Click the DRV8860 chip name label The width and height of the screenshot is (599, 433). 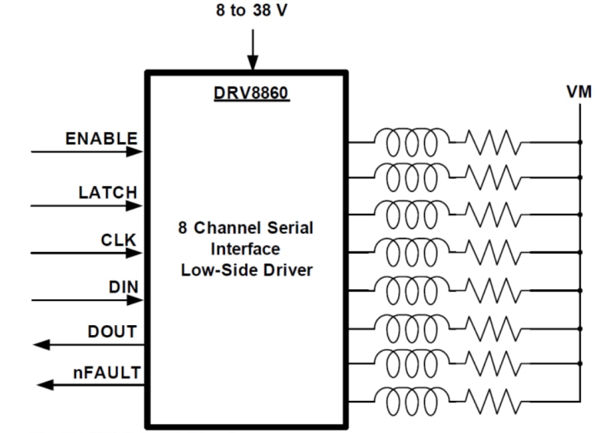coord(251,93)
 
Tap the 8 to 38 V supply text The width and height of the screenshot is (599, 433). coord(252,12)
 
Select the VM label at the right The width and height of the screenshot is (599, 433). coord(579,92)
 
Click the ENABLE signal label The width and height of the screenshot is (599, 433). coord(101,139)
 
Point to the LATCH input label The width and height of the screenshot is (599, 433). coord(108,193)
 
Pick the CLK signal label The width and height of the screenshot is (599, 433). coord(119,240)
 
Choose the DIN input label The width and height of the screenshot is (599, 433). coord(123,287)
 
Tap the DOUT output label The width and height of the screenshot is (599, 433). coord(112,331)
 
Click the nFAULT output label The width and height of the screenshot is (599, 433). coord(106,372)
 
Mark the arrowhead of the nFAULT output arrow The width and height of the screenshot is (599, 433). coord(45,384)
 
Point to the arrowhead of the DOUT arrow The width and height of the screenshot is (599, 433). coord(41,344)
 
